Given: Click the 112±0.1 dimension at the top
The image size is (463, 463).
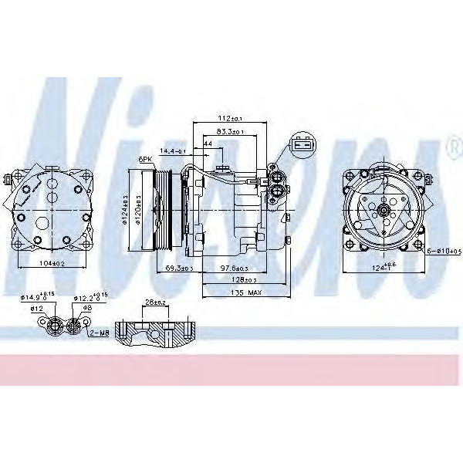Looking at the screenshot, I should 228,118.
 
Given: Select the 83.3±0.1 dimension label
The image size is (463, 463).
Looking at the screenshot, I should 229,132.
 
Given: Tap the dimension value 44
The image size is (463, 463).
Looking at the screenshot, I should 208,144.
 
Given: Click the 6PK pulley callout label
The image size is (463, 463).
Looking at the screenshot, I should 144,158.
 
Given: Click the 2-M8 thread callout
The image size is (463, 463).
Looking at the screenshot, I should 99,333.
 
